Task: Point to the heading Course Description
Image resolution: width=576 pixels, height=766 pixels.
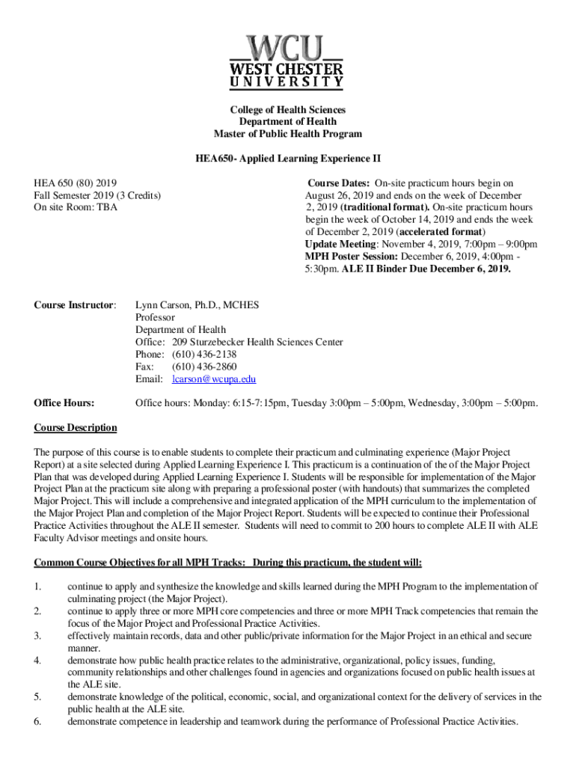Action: (76, 428)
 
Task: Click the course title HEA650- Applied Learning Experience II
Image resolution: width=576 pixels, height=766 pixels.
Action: (287, 159)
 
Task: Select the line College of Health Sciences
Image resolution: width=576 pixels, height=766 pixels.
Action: (287, 110)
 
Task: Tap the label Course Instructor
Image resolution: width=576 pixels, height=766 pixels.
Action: (76, 305)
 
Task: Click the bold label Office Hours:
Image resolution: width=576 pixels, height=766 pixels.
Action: (64, 404)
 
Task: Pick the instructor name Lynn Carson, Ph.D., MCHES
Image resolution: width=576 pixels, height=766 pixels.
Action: (197, 305)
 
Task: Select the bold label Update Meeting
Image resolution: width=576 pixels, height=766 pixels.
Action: (340, 245)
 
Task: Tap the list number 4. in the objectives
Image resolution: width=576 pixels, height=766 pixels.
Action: (38, 661)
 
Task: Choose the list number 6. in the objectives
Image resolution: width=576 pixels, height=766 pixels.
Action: (38, 722)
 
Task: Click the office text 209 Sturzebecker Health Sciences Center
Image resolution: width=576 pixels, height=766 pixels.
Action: (257, 342)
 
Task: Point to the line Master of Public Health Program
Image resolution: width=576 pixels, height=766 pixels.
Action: (287, 134)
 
